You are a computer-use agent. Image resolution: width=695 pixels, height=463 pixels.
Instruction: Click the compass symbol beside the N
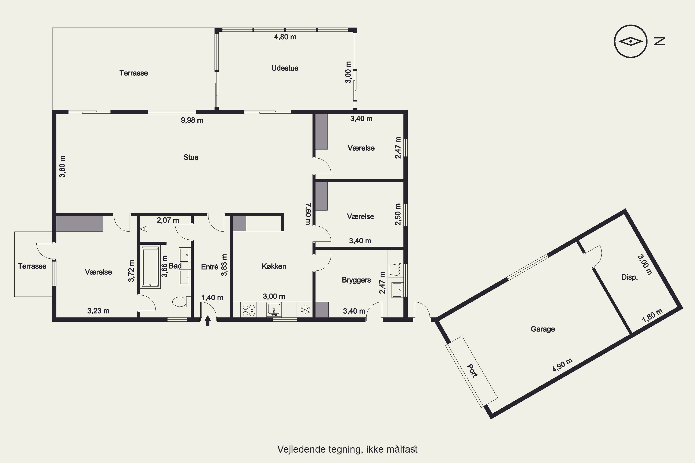coord(631,41)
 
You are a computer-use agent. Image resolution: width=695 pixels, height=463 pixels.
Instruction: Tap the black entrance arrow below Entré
coord(208,320)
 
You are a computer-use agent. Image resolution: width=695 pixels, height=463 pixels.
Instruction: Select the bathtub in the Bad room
coord(151,267)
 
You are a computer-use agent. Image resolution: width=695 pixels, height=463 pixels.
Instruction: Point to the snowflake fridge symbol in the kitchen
coord(305,310)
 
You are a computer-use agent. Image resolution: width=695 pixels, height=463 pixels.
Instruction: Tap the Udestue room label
coord(285,68)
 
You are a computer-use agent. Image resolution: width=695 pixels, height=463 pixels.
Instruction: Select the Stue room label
coord(191,157)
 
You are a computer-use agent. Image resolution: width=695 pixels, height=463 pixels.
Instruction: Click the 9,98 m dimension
coord(192,120)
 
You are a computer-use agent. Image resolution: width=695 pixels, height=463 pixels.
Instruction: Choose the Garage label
coord(543,329)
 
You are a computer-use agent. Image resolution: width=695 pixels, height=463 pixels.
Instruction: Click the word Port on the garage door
coord(472,371)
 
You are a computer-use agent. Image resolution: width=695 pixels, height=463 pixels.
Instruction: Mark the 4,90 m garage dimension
coord(562,365)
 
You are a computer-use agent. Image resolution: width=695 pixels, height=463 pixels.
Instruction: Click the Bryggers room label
coord(356,280)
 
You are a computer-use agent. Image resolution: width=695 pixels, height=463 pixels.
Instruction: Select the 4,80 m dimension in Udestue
coord(285,37)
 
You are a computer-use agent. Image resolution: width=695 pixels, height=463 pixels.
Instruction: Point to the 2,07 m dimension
coord(168,220)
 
